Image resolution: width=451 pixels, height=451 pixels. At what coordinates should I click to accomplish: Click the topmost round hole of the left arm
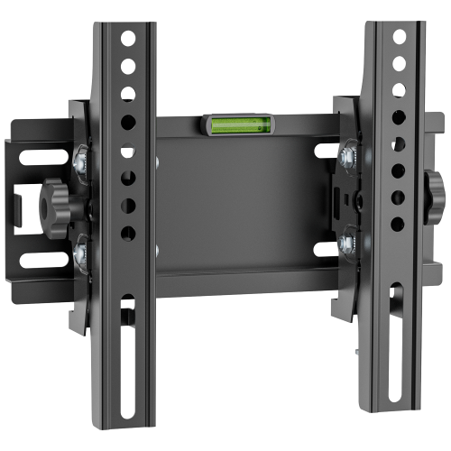pyautogui.click(x=127, y=40)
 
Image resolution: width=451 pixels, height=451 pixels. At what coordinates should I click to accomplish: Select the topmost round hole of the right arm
pyautogui.click(x=398, y=37)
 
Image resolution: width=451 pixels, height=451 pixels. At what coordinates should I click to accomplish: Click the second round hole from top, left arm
pyautogui.click(x=127, y=66)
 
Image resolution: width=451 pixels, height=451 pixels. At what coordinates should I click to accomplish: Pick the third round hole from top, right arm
pyautogui.click(x=398, y=89)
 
